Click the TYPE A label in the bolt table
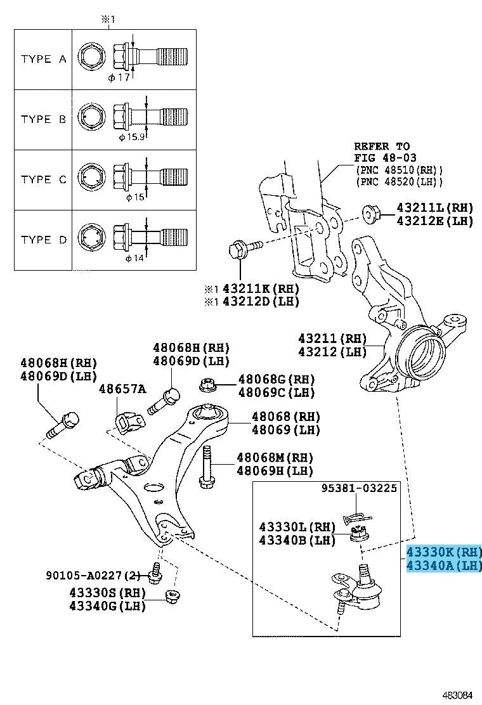pyautogui.click(x=43, y=59)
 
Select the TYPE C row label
pyautogui.click(x=43, y=179)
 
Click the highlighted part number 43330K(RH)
pyautogui.click(x=444, y=551)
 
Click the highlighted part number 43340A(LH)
pyautogui.click(x=444, y=564)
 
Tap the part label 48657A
pyautogui.click(x=122, y=388)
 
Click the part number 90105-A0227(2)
pyautogui.click(x=93, y=576)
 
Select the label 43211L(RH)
pyautogui.click(x=435, y=207)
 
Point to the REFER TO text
pyautogui.click(x=382, y=146)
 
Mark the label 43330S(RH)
pyautogui.click(x=108, y=592)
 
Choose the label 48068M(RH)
pyautogui.click(x=275, y=457)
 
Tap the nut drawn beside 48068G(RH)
pyautogui.click(x=206, y=385)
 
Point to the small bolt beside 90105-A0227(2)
pyautogui.click(x=153, y=574)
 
